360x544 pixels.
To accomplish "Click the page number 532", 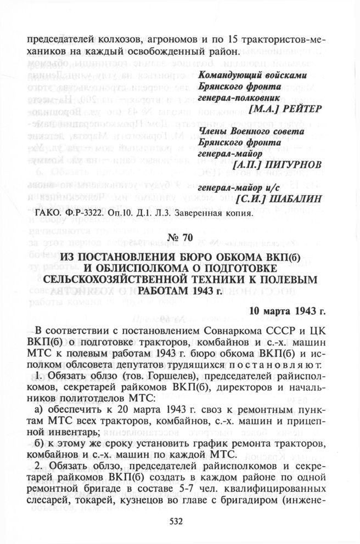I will pos(179,522).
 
